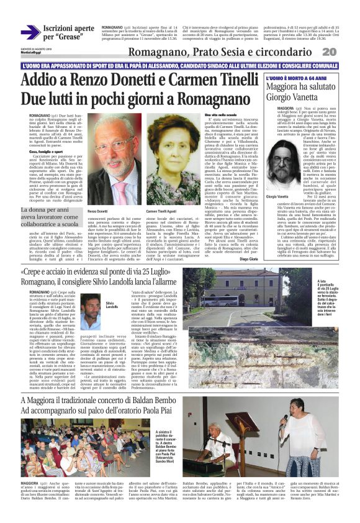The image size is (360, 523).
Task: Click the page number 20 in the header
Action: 346,51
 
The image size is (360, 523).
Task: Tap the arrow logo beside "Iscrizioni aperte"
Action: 30,32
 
